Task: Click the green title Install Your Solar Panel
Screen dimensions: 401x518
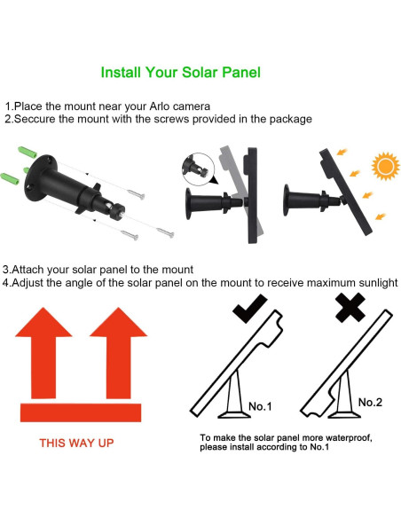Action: tap(180, 73)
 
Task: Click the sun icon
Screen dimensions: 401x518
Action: tap(386, 166)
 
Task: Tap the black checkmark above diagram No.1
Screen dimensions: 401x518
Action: tap(250, 309)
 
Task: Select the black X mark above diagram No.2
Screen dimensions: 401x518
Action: tap(350, 308)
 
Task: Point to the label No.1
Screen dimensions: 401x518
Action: tap(260, 406)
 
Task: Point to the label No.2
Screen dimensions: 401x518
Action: tap(370, 403)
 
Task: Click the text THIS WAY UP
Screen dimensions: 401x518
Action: tap(76, 443)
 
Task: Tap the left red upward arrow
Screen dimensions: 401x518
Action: tap(43, 353)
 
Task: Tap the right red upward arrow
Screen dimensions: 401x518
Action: tap(119, 353)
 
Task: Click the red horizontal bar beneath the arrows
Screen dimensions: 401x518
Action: tap(81, 412)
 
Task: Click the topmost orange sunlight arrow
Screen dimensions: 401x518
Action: tap(342, 153)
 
